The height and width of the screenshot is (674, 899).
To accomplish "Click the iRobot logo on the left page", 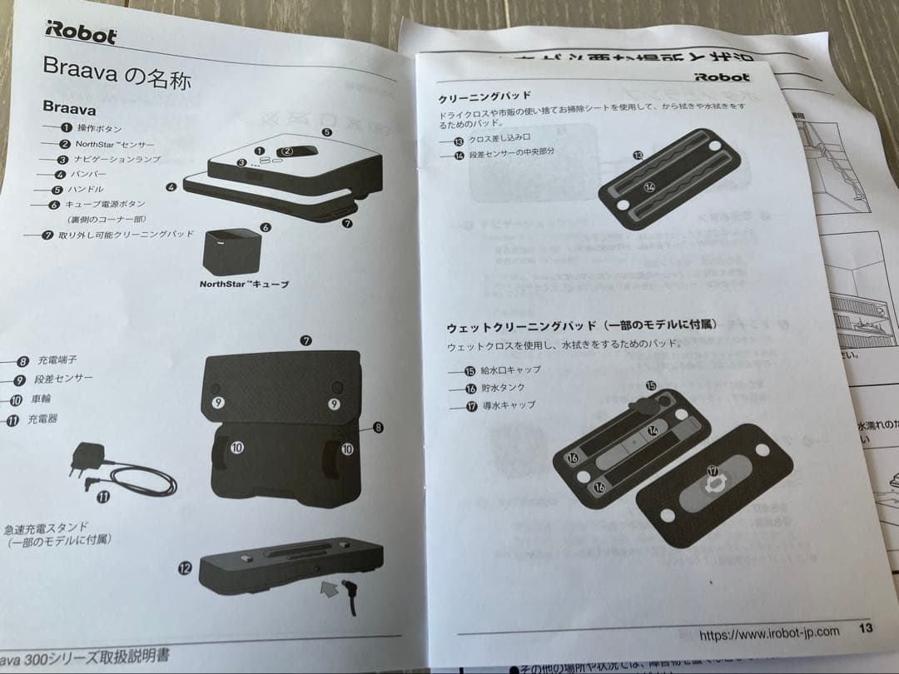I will [x=82, y=34].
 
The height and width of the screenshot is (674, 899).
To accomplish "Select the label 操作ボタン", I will [x=100, y=128].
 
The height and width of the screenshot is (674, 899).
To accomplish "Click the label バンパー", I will [x=91, y=174].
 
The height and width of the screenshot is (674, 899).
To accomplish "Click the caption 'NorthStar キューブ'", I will [x=245, y=285].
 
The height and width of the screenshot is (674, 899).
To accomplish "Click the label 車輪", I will [x=42, y=399].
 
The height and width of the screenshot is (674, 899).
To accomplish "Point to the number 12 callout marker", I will [x=185, y=567].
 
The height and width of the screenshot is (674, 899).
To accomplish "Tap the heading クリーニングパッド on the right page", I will [x=484, y=97].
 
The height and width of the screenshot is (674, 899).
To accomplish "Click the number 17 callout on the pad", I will [x=713, y=471].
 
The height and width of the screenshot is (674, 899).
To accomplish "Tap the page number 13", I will [x=866, y=627].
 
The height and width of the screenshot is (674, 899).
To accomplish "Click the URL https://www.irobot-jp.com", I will [x=769, y=633].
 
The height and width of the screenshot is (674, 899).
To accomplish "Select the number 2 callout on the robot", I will [x=287, y=151].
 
